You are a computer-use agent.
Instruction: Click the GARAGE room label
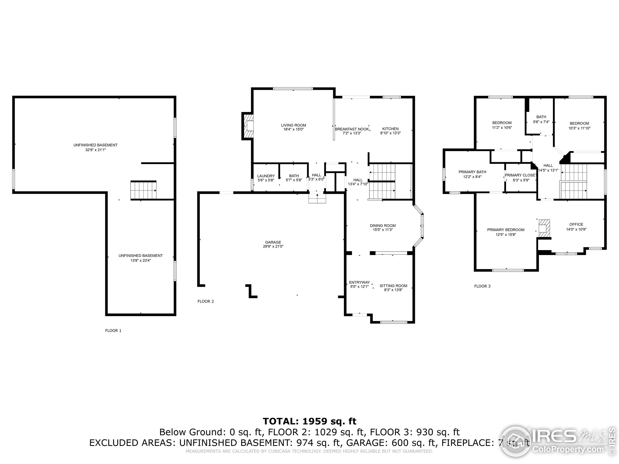[x=273, y=242]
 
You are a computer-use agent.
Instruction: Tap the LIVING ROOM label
[x=294, y=125]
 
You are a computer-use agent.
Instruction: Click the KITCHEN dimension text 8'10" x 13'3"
[x=390, y=133]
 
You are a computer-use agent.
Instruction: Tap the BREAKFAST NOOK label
[x=352, y=129]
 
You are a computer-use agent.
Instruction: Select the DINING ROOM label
[x=383, y=225]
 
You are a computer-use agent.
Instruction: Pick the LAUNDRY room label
[x=266, y=176]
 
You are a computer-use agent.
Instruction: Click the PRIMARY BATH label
[x=472, y=172]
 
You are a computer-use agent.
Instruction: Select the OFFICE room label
[x=576, y=224]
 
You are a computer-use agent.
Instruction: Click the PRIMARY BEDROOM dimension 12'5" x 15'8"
[x=506, y=235]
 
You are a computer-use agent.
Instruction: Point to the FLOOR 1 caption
[x=113, y=331]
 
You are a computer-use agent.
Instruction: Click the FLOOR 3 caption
[x=482, y=286]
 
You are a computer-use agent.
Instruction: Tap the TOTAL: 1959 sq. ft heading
[x=309, y=421]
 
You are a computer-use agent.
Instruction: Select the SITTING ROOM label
[x=393, y=286]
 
